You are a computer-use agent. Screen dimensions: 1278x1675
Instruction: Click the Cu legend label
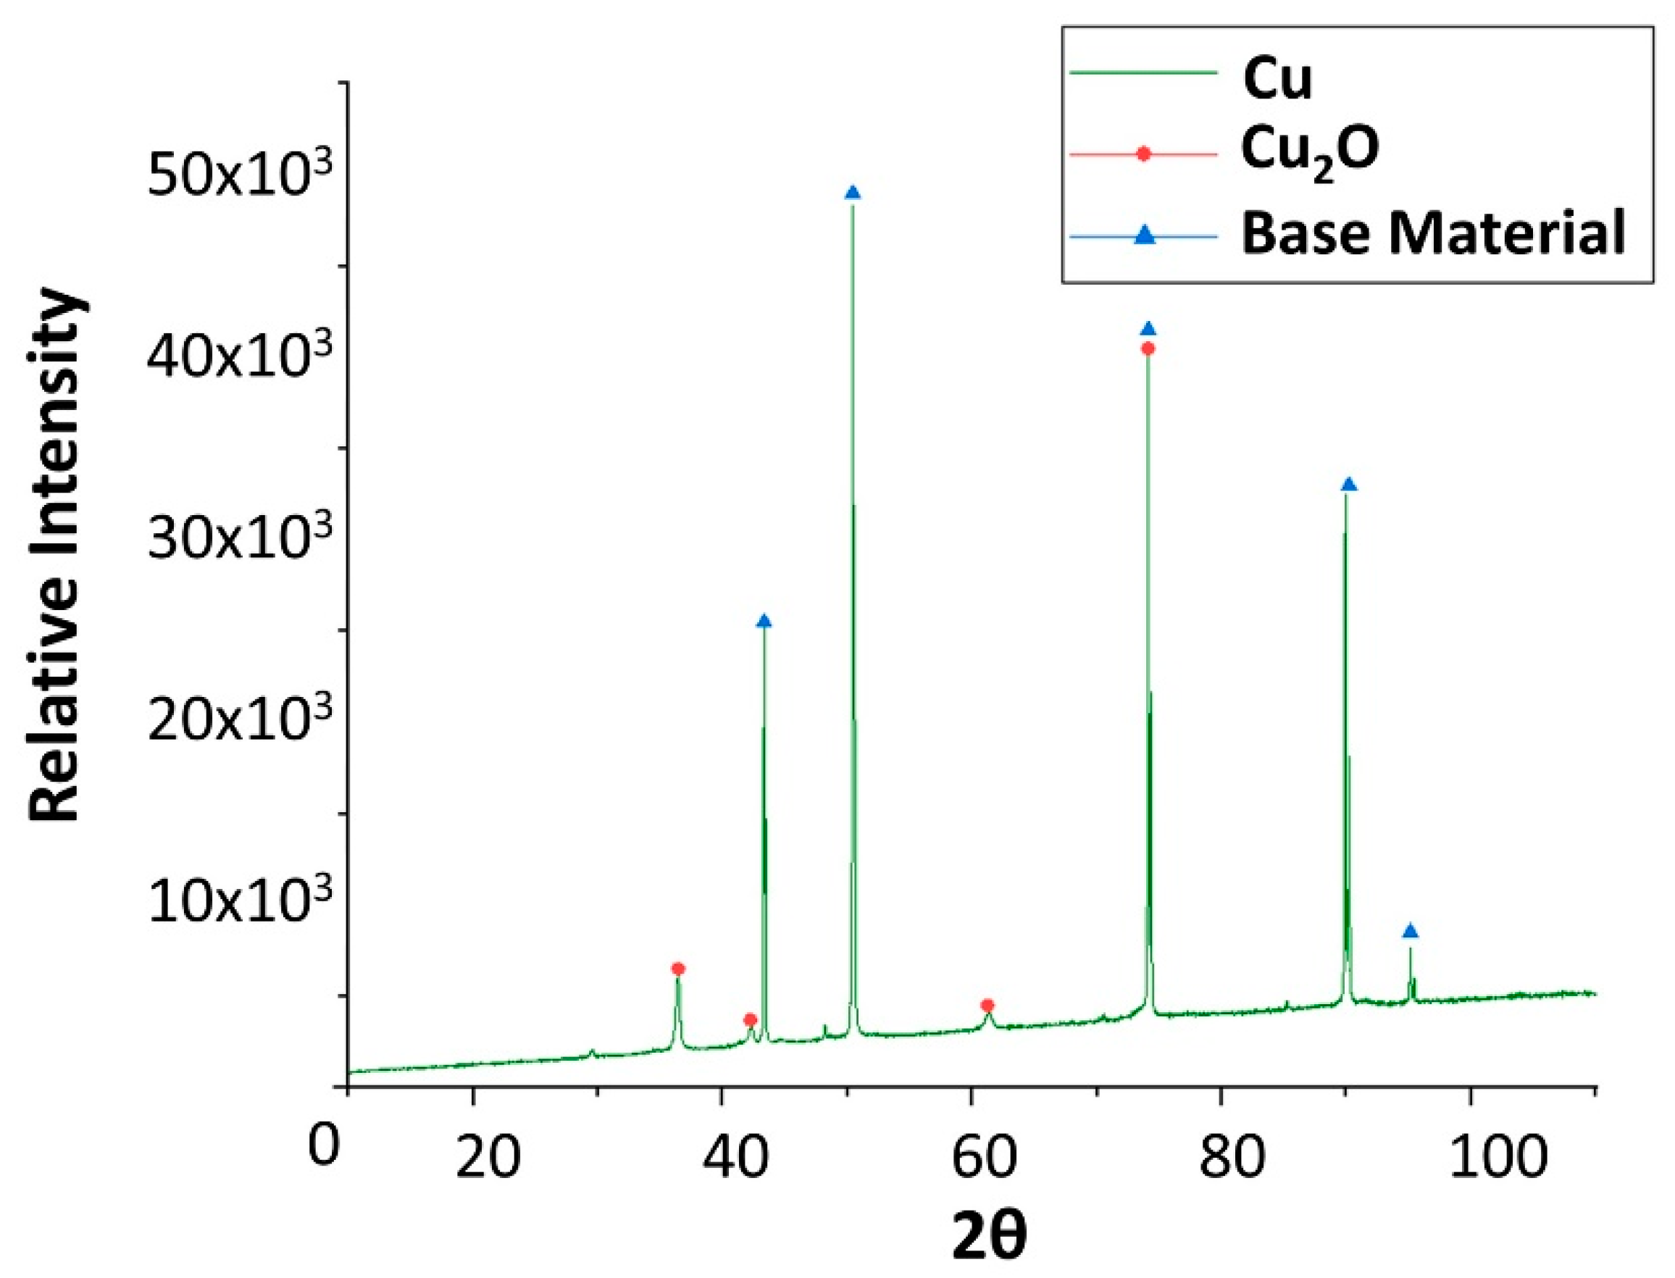click(1277, 79)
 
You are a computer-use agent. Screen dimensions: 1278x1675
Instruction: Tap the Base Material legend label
click(1433, 232)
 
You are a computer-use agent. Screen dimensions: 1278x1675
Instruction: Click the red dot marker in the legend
click(1143, 154)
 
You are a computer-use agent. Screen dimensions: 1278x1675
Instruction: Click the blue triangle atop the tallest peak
click(853, 193)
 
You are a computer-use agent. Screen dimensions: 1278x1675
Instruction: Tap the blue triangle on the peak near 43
click(764, 622)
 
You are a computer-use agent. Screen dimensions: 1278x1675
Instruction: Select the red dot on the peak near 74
click(1148, 349)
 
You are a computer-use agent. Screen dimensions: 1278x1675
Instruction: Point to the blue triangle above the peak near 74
click(1148, 329)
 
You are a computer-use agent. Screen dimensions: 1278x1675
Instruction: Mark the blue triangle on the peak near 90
click(1350, 485)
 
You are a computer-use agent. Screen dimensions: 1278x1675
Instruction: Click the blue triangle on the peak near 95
click(1411, 931)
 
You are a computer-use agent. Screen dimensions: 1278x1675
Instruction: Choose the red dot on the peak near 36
click(679, 969)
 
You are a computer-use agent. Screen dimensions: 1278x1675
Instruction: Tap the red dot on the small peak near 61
click(987, 1006)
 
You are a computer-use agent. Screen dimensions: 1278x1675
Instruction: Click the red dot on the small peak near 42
click(750, 1019)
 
